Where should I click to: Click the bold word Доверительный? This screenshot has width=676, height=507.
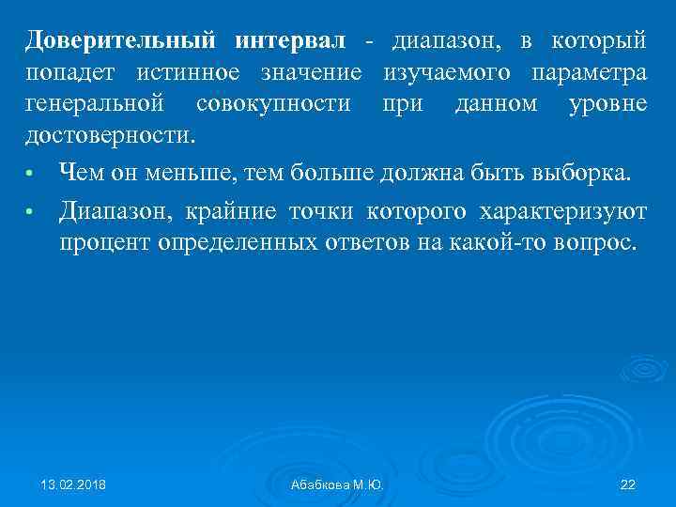tap(122, 41)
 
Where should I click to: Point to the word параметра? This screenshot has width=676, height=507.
tap(589, 72)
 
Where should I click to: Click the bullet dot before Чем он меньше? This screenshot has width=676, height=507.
tap(31, 174)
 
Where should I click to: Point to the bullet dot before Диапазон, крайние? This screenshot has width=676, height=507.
tap(31, 212)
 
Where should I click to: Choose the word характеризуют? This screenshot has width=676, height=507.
tap(561, 210)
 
